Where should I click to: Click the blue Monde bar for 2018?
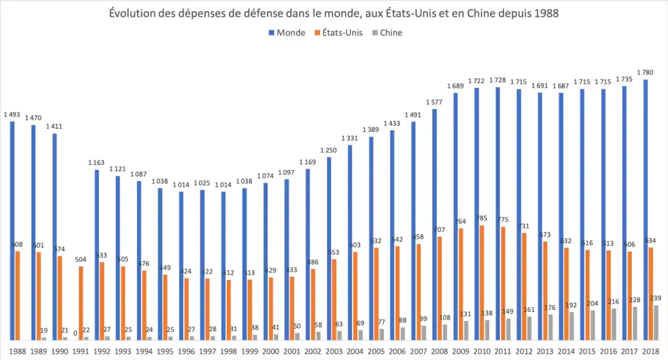click(x=646, y=209)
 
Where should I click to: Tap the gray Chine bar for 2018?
click(x=655, y=322)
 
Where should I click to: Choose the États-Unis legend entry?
click(x=343, y=33)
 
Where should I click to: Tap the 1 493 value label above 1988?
click(x=12, y=114)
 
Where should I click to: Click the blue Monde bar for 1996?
click(x=181, y=265)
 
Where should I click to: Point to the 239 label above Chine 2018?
click(x=655, y=298)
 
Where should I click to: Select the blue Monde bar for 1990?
click(x=55, y=236)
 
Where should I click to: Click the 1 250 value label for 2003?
click(x=329, y=150)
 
